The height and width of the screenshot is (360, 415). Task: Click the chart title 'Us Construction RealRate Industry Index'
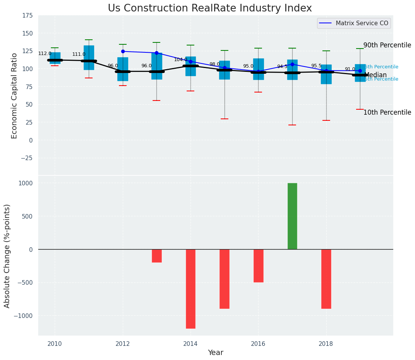click(210, 8)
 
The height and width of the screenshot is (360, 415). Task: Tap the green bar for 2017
click(292, 216)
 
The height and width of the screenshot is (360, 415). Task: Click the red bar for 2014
click(190, 289)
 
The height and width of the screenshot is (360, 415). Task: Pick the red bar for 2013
click(156, 256)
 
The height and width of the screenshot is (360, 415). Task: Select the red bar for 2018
click(326, 279)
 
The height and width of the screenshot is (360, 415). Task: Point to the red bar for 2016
click(258, 266)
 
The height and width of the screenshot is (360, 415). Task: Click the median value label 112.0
click(45, 54)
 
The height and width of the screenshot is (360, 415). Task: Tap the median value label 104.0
click(181, 60)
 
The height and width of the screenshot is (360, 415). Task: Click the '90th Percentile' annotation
click(387, 45)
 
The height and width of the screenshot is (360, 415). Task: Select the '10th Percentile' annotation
click(387, 112)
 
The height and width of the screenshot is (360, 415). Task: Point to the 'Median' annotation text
click(376, 75)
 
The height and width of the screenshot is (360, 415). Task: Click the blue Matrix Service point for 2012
click(123, 51)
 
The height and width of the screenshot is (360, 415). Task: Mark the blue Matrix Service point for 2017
click(292, 64)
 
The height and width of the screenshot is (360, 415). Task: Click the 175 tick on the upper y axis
click(28, 16)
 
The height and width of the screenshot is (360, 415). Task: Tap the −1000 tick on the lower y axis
click(24, 316)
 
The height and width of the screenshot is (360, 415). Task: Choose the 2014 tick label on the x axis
click(190, 344)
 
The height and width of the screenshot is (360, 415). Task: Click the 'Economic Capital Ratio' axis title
click(15, 96)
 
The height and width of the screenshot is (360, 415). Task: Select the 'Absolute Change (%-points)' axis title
click(7, 256)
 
